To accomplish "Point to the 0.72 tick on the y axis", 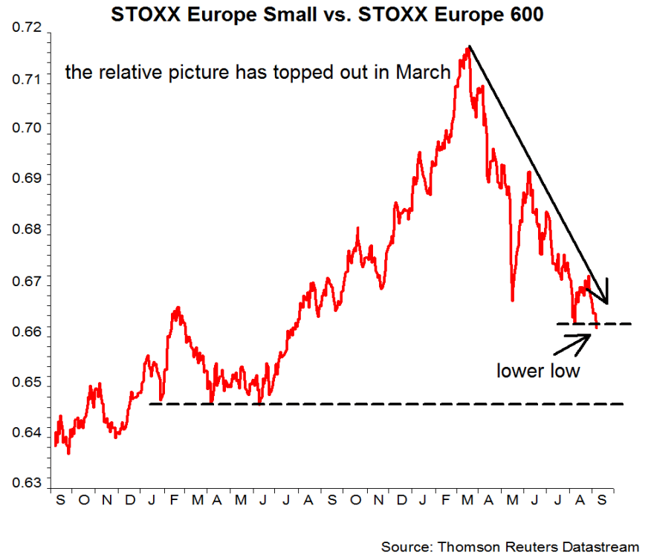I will click(26, 28).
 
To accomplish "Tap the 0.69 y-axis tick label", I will click(26, 178).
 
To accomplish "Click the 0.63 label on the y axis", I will click(26, 482).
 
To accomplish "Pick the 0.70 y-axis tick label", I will click(26, 129).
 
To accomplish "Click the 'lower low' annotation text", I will click(538, 370).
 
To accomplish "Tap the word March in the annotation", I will click(423, 72).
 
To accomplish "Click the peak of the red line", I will click(468, 48).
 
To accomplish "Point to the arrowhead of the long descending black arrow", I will click(605, 300).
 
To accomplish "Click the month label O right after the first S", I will click(83, 499).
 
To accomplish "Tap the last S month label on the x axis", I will click(601, 499).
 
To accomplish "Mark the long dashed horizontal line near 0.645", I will click(386, 404).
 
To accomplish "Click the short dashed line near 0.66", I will click(595, 324).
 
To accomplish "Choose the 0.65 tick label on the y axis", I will click(26, 383).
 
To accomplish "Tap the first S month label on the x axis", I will click(60, 499).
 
